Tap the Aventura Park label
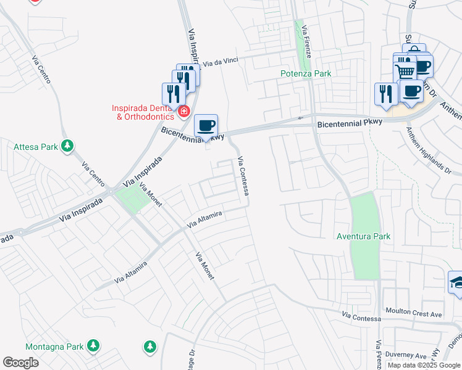click(364, 236)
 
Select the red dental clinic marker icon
click(183, 112)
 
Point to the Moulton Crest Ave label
click(413, 314)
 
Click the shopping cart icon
click(405, 72)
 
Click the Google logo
click(20, 363)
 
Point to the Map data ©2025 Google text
click(423, 365)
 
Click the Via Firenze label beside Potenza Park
click(309, 39)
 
